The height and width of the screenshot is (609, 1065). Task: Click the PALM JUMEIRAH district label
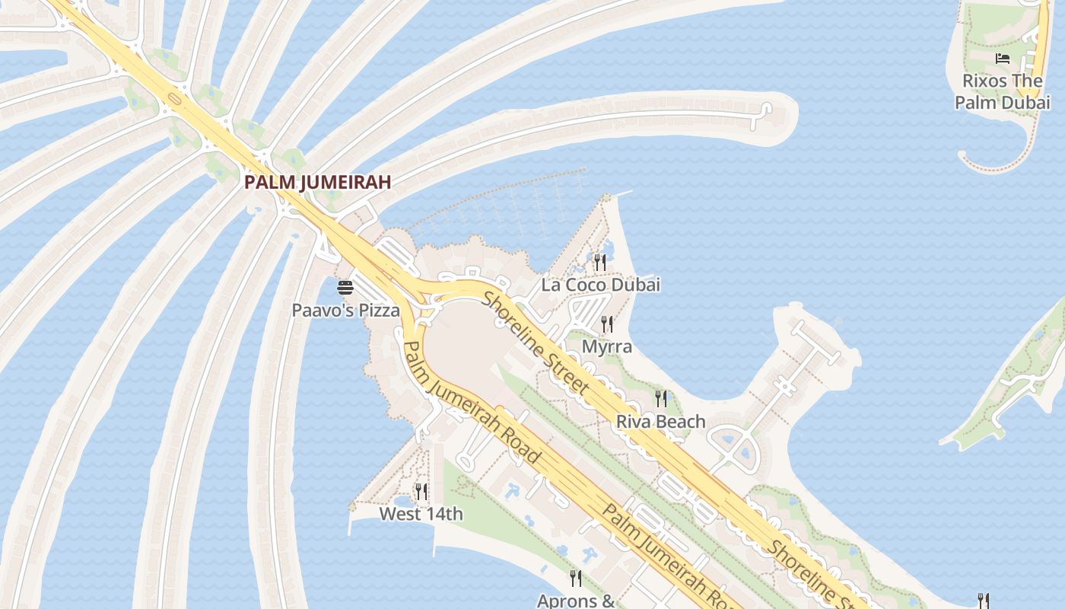317,182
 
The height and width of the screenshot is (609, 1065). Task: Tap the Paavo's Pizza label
345,310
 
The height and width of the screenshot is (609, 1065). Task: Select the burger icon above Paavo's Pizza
345,288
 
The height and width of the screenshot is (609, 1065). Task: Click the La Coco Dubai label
600,285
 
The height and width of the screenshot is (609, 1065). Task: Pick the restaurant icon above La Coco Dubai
600,263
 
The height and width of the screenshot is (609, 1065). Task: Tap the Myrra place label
607,346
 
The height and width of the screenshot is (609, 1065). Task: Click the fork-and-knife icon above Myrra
607,324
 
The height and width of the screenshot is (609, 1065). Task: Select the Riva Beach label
660,421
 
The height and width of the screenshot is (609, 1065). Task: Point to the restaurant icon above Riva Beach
661,398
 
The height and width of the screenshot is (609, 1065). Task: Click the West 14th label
421,514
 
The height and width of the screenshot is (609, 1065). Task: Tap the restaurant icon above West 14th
421,492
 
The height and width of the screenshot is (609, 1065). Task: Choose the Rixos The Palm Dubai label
1003,91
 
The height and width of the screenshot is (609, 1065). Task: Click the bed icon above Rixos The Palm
1003,59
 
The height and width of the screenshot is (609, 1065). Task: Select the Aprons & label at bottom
576,600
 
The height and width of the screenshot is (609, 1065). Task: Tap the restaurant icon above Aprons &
576,579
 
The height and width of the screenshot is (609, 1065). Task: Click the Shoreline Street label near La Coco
536,343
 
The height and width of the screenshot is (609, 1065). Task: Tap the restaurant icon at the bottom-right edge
983,601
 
